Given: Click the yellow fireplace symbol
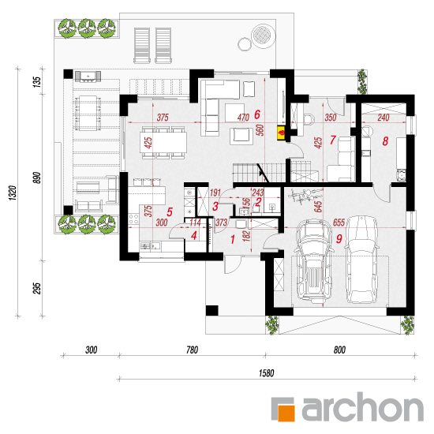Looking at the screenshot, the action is pos(281,133).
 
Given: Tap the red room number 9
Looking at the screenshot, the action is pos(339,239).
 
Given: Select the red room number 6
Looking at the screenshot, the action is pos(257,114).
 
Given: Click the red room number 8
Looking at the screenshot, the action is pos(385,141).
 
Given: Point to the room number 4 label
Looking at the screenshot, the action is pos(194,236).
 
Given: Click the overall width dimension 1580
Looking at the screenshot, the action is pos(266,373).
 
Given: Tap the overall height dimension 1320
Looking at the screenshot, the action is pos(13,193).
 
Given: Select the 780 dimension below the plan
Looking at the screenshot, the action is pos(192,350).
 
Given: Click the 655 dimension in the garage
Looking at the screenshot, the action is pos(339,223).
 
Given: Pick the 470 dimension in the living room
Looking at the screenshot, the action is pos(243,118).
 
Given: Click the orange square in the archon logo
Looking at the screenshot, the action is pos(286,413).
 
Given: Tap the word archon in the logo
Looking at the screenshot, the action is pos(363,407).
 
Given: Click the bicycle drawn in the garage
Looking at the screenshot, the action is pos(302,196).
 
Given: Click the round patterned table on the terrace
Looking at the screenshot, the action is pos(264,36).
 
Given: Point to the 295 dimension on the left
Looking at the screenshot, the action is pos(37,288).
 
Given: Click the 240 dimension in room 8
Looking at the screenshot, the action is pos(383,118).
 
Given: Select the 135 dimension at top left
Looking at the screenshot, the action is pos(37,82).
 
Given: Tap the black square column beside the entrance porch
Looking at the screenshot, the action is pos(211,310).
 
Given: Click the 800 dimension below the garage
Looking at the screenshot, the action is pos(339,350).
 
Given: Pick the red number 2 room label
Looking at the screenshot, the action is pos(258,202).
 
